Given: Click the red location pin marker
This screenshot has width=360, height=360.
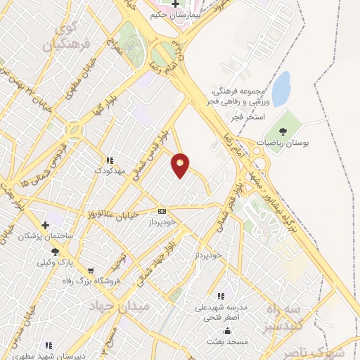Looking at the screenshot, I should pyautogui.click(x=181, y=165).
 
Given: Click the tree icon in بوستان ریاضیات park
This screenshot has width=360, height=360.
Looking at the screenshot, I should pyautogui.click(x=283, y=131).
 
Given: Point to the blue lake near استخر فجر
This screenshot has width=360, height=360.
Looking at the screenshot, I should pyautogui.click(x=281, y=88).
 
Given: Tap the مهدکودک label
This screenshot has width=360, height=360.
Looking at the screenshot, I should pyautogui.click(x=112, y=171).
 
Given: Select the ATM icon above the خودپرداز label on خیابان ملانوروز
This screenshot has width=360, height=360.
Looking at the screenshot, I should pyautogui.click(x=162, y=211).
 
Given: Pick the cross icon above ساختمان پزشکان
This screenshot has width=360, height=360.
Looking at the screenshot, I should pyautogui.click(x=46, y=226).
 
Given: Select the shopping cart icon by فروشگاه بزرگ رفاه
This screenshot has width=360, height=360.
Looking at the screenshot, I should pyautogui.click(x=90, y=271).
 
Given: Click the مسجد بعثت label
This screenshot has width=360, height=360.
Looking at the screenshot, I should pyautogui.click(x=226, y=341).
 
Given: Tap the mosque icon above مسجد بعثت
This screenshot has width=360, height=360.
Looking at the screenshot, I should pyautogui.click(x=226, y=330).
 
